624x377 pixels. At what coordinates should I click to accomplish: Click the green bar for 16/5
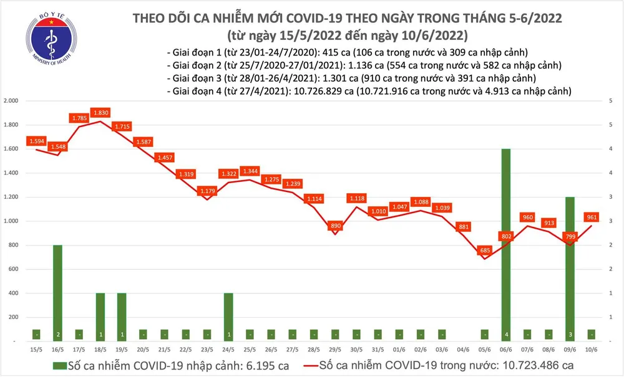coord(57,293)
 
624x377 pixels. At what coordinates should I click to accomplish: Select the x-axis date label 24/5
coord(228,350)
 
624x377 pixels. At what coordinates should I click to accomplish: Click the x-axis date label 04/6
coord(463,350)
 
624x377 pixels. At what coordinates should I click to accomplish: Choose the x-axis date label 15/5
coord(36,350)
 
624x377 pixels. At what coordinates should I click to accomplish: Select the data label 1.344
coord(250,171)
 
